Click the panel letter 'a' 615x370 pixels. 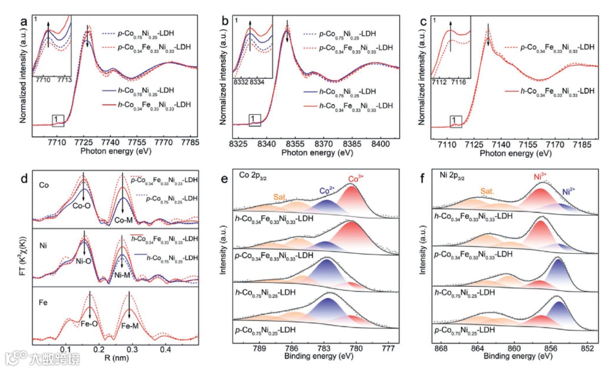pos(24,23)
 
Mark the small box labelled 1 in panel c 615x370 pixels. pos(454,120)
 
